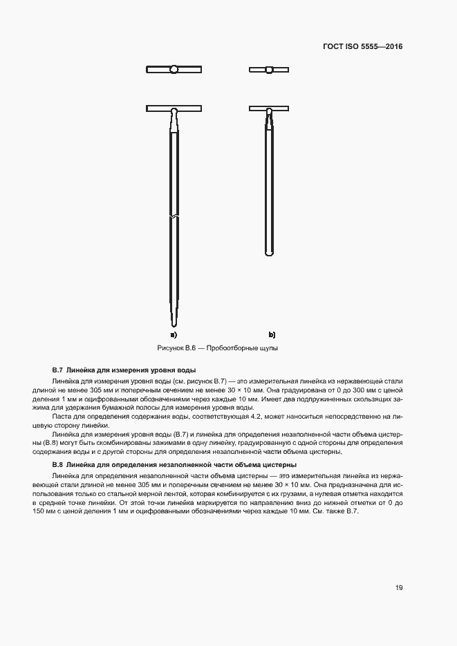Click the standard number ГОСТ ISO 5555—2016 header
pyautogui.click(x=362, y=47)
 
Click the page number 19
pyautogui.click(x=399, y=587)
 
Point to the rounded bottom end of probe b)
pyautogui.click(x=269, y=253)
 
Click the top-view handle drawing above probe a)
pyautogui.click(x=174, y=69)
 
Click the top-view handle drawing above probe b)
pyautogui.click(x=269, y=69)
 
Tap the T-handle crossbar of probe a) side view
pyautogui.click(x=174, y=108)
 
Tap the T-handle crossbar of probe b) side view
pyautogui.click(x=269, y=108)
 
